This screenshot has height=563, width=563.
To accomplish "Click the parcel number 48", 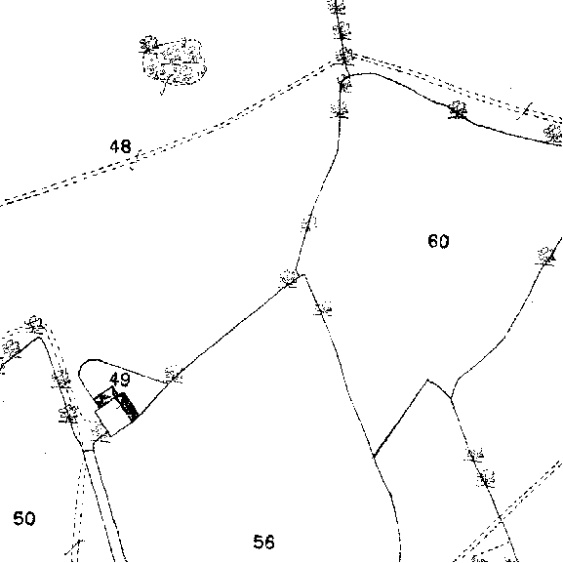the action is [121, 146].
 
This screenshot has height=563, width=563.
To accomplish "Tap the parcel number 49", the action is [120, 380].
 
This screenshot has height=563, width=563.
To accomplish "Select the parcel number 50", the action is [24, 518].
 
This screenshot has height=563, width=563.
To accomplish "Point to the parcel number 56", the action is [263, 542].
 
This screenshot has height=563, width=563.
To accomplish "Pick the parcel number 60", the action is [438, 241].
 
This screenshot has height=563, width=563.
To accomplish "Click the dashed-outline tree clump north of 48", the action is [173, 61].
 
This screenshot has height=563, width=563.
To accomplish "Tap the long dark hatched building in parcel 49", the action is [128, 407].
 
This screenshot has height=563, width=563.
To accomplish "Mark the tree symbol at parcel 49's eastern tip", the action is [174, 375].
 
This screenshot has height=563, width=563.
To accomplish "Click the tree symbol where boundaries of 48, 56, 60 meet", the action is [288, 278].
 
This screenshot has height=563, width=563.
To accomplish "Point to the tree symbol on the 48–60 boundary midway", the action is [308, 222].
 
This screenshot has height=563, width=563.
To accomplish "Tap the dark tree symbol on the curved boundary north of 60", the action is [458, 109].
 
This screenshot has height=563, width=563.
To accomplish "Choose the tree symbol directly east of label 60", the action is [545, 256].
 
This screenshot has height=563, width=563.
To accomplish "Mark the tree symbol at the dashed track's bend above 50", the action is [35, 324].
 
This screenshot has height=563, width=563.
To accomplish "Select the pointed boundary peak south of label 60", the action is [427, 380].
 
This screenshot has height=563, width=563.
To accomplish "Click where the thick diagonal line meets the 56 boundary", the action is [374, 456].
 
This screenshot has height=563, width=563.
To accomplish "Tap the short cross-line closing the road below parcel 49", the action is [88, 450].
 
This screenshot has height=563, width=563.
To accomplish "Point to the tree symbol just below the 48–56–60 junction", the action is [323, 309].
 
